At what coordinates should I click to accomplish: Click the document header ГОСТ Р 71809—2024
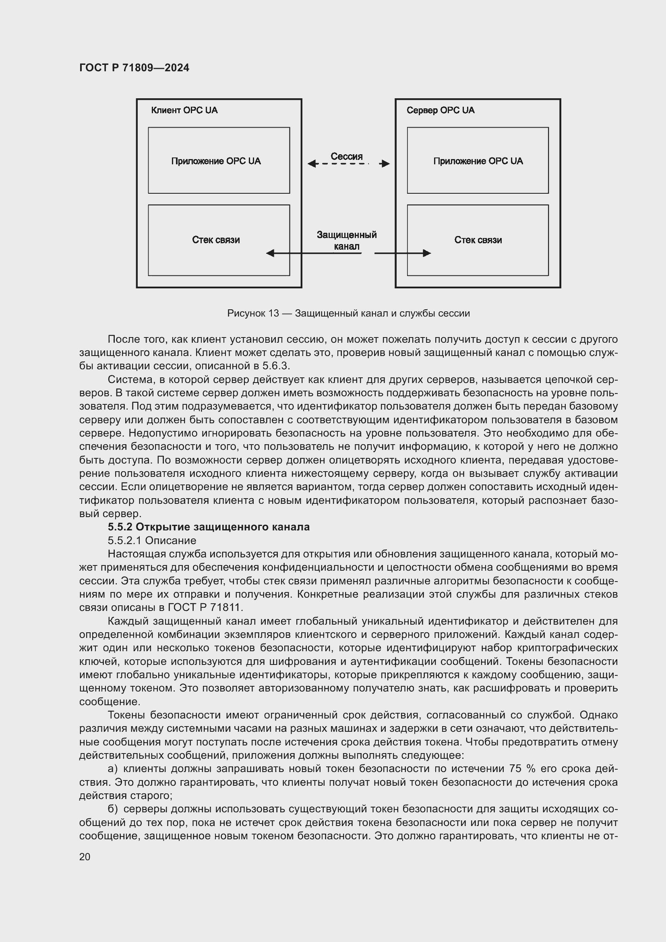point(134,68)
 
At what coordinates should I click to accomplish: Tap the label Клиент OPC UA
point(184,110)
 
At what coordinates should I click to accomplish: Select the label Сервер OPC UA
point(440,110)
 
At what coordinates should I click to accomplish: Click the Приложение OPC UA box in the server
point(478,160)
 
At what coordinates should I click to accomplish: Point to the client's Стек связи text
point(216,240)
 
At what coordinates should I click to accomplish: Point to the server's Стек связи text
point(478,240)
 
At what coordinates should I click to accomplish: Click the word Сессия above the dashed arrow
point(347,156)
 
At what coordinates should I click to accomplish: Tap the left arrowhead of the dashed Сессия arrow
point(312,164)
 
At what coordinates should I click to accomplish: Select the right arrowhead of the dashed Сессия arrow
point(385,164)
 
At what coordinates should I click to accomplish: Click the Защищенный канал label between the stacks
point(347,240)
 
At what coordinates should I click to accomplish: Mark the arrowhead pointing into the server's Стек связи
point(427,253)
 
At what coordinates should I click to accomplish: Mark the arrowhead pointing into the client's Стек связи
point(270,253)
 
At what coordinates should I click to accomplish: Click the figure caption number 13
point(273,313)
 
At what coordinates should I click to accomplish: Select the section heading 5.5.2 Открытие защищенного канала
point(208,527)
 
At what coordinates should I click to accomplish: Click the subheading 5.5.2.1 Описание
point(152,540)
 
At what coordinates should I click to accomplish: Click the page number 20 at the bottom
point(85,857)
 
